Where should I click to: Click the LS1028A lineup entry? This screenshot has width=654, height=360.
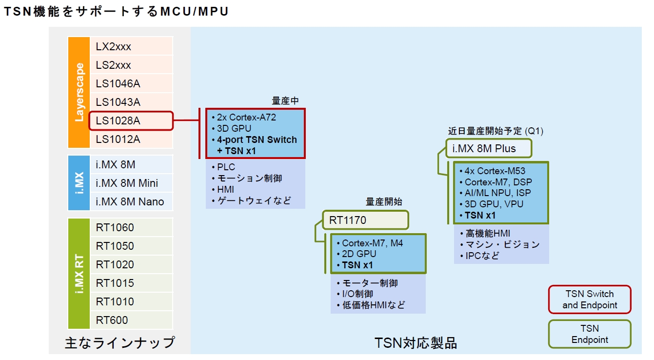coord(131,121)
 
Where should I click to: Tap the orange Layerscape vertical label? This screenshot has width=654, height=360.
coord(79,92)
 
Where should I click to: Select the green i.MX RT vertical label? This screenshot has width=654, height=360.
coord(79,274)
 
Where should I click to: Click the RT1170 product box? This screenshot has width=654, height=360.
coord(365,220)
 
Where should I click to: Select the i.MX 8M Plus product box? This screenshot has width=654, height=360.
coord(489,149)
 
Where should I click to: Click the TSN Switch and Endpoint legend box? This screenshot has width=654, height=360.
coord(590,300)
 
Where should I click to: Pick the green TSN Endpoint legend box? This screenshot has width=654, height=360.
coord(590,334)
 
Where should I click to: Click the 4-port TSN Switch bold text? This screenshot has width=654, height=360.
coord(257,140)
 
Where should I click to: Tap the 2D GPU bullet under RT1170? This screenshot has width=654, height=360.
coord(359,254)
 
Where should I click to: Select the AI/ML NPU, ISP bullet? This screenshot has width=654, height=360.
coord(497,193)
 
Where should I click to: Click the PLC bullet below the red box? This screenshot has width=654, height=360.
coord(226,167)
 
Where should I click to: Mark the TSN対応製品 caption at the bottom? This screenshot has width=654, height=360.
coord(416,343)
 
